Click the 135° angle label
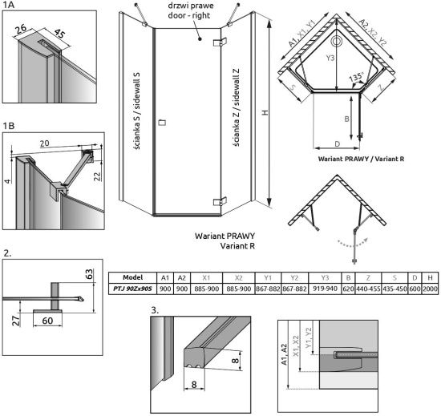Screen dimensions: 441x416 356,77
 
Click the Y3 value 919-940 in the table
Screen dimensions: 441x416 325,289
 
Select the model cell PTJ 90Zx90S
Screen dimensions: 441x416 132,289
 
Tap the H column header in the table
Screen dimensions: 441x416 430,277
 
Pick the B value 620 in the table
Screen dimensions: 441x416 348,289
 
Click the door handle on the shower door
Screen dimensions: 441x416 162,123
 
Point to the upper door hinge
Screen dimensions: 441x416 220,42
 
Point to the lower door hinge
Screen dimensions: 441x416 220,202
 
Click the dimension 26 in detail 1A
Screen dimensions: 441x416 21,29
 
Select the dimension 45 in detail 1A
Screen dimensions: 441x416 59,34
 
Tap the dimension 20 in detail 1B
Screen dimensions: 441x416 44,143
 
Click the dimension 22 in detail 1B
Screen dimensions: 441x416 97,176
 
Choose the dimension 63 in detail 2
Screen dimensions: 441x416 88,274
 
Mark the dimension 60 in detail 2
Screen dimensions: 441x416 47,321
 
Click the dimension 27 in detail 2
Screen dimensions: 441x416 16,321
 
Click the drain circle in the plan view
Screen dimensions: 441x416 337,42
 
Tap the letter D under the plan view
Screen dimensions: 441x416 338,144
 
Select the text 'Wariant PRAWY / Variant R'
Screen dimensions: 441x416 361,159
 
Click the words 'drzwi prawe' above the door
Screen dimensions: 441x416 191,6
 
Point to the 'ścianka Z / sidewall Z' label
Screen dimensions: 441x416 237,107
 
